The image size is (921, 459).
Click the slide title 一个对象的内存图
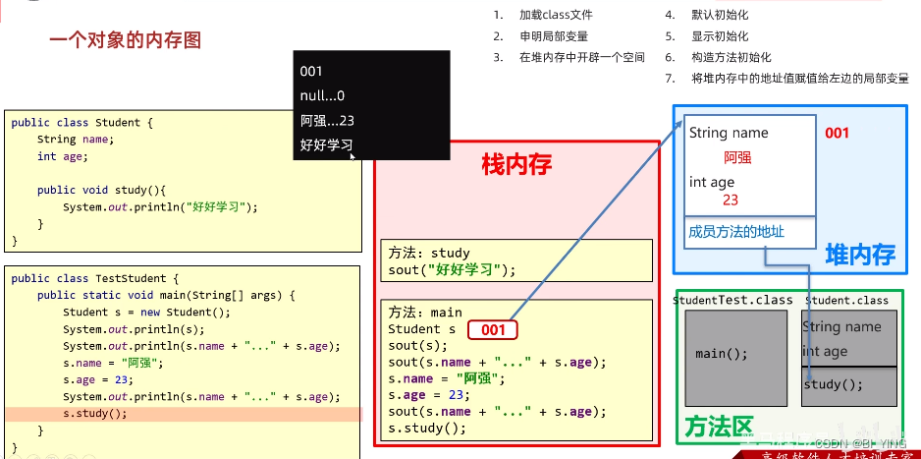pos(125,40)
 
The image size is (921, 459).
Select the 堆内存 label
pos(859,255)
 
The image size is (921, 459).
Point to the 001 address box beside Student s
pos(492,329)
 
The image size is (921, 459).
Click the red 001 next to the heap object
pos(837,133)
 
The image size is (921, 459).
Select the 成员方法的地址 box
pos(736,232)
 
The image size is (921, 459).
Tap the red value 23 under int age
pos(730,200)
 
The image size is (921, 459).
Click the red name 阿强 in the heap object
pos(737,156)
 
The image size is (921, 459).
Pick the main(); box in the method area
pos(721,354)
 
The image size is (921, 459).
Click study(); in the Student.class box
pos(834,384)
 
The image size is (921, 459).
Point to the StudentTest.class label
pos(732,300)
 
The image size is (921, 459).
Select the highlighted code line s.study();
pos(95,414)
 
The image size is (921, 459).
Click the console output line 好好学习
pos(327,145)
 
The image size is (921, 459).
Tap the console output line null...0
pos(322,96)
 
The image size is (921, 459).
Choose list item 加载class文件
pos(556,15)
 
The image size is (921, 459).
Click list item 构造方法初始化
pos(731,57)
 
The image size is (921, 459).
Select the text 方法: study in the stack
pos(429,253)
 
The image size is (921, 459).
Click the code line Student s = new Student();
pos(146,313)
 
